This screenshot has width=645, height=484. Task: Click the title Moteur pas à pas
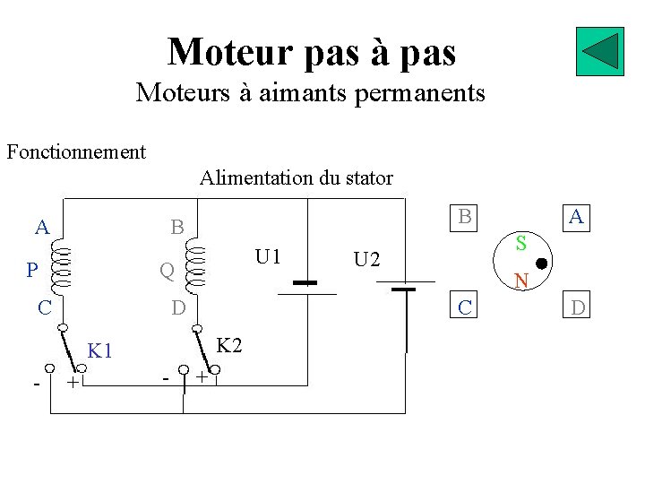tap(312, 51)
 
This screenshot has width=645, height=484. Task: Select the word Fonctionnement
tap(76, 151)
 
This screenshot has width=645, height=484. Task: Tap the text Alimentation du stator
tap(296, 177)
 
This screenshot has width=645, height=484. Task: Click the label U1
tap(268, 257)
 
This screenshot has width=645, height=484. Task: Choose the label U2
tap(366, 260)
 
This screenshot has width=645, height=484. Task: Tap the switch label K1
tap(99, 350)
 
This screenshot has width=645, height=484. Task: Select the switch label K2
tap(230, 345)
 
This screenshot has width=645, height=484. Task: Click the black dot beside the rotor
tap(542, 264)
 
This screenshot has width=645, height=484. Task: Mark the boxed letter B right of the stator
tap(464, 216)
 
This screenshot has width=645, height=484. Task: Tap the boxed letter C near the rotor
tap(464, 308)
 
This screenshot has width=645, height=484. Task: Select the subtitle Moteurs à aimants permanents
tap(310, 92)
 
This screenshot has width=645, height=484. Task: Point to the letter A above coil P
tap(42, 227)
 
